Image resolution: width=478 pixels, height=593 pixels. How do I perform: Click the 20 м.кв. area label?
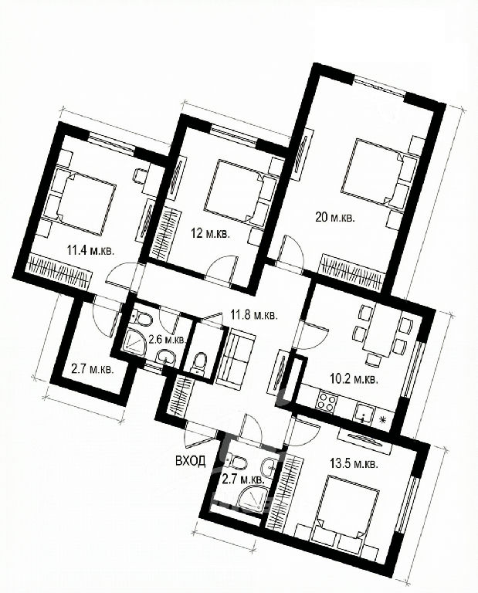[x=335, y=218]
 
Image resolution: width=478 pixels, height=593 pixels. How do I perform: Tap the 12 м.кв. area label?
[x=210, y=233]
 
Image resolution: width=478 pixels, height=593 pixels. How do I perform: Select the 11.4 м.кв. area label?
[x=90, y=250]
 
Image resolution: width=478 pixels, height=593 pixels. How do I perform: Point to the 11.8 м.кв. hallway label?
[x=254, y=315]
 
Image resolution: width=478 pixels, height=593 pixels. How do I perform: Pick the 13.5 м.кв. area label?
[x=354, y=464]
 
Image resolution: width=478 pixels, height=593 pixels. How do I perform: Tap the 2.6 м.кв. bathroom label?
[x=166, y=339]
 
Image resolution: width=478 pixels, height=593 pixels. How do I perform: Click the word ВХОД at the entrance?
[x=191, y=460]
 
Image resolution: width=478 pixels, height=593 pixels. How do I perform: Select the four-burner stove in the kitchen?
[x=327, y=402]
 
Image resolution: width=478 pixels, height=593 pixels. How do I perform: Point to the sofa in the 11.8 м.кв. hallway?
[x=236, y=357]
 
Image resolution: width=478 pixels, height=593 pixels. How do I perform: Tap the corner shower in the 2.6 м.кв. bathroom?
[x=134, y=341]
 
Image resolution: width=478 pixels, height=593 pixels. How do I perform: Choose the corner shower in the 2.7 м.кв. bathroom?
[x=251, y=498]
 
